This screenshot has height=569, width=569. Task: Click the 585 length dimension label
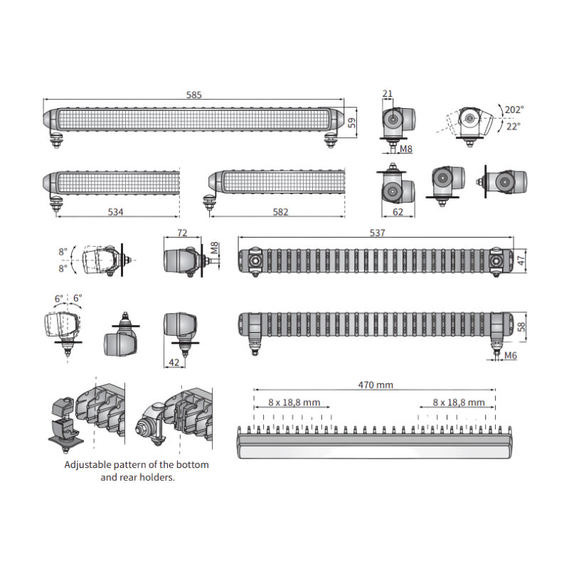click(x=193, y=95)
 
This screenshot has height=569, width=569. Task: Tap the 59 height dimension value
click(x=351, y=122)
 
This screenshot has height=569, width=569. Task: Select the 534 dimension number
click(x=115, y=212)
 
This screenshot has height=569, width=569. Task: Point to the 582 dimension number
click(x=280, y=212)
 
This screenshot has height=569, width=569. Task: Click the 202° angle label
click(x=514, y=110)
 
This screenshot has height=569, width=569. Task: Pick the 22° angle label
click(x=514, y=127)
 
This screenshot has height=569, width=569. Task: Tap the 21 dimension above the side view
click(x=388, y=94)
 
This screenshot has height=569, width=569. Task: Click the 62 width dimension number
click(x=398, y=212)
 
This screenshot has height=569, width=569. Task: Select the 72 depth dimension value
click(x=182, y=233)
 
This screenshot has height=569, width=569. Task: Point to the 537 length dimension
click(x=378, y=233)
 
